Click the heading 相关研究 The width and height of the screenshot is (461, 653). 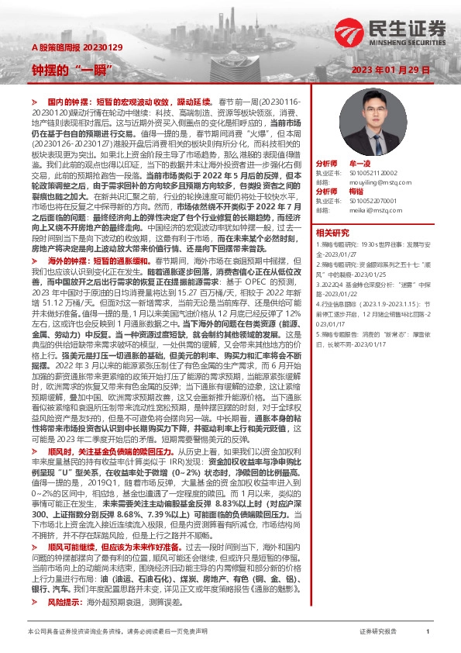pos(332,232)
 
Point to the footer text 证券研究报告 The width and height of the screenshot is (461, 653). pos(378,632)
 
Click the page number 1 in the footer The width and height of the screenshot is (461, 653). pos(428,632)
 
